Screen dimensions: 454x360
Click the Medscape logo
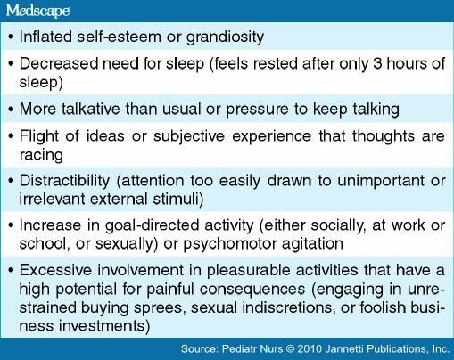(37, 11)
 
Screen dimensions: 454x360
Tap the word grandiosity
(225, 37)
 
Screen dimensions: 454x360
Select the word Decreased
(59, 63)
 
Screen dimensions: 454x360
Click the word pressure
(257, 110)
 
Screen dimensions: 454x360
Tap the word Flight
(39, 136)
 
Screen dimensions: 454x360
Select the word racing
(41, 155)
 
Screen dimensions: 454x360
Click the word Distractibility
(64, 181)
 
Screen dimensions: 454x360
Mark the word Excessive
(55, 270)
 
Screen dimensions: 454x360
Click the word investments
(104, 326)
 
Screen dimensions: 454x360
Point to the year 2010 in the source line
(310, 348)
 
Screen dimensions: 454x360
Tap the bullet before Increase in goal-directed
(12, 225)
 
